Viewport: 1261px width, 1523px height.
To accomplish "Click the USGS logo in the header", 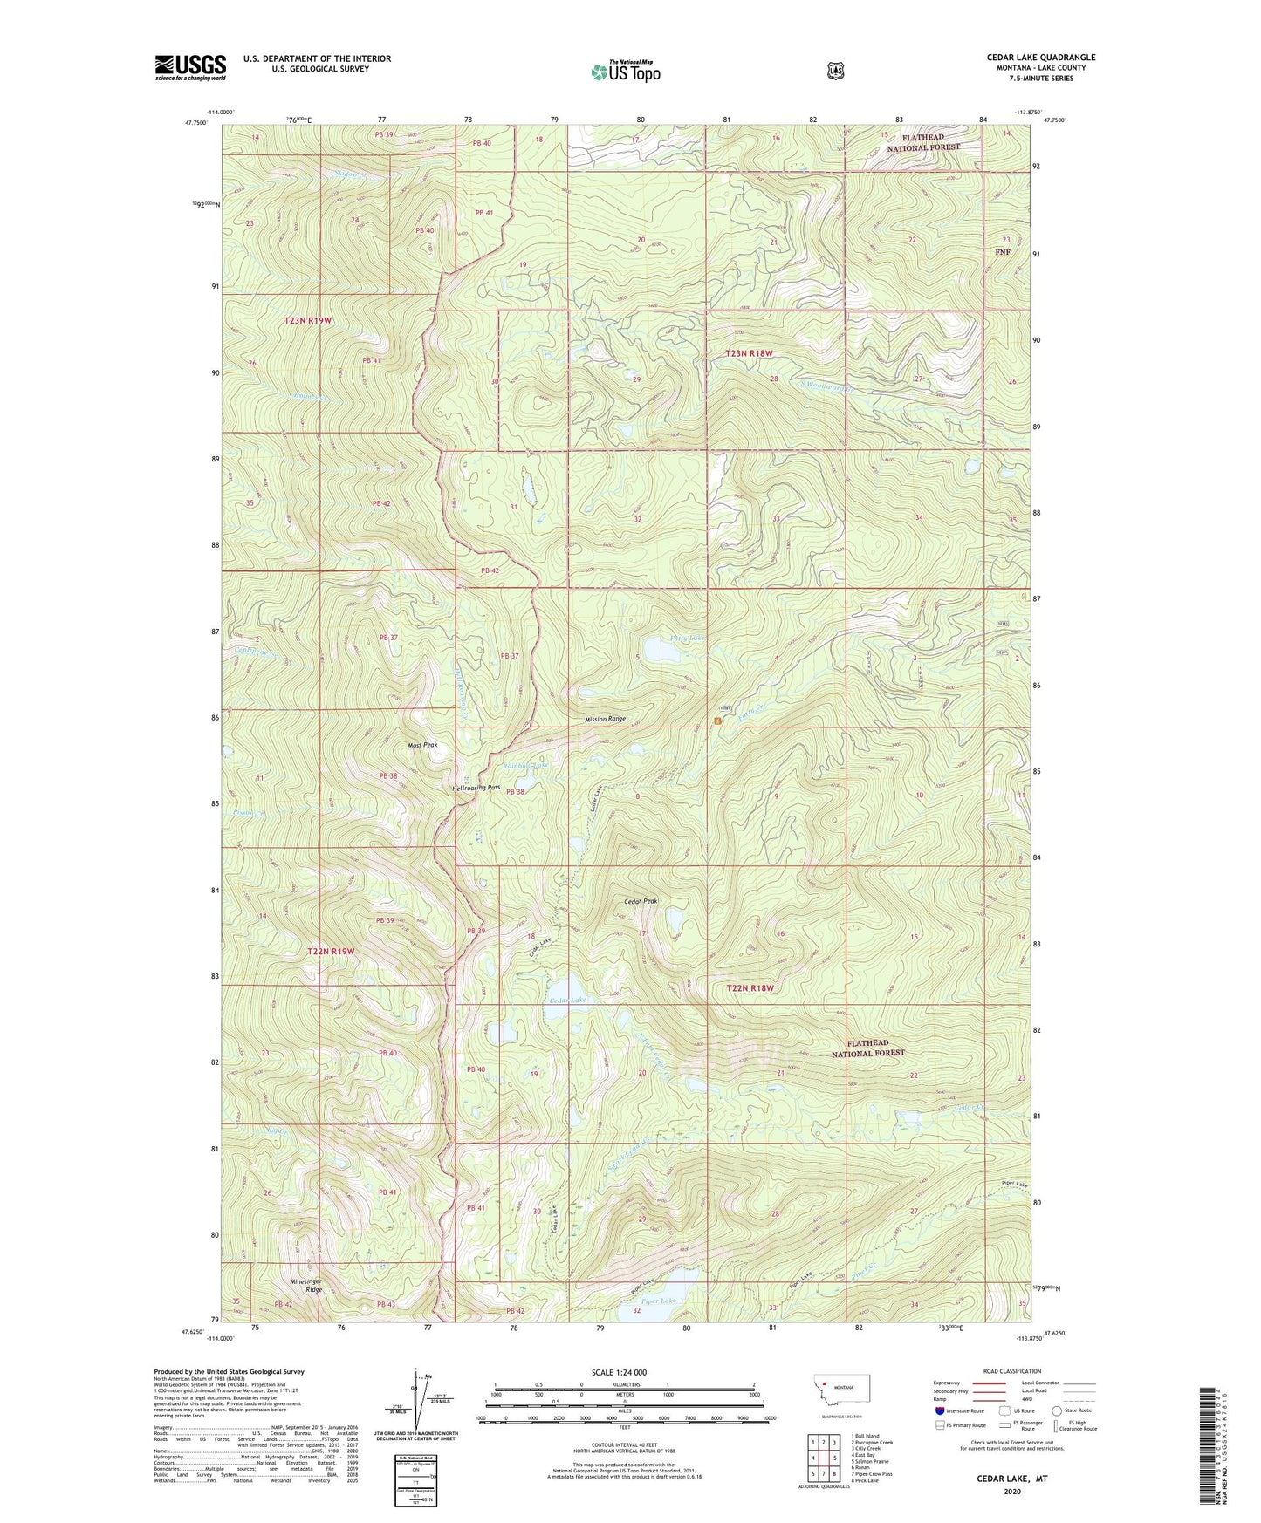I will click(x=190, y=67).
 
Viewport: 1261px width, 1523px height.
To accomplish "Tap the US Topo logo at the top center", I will click(x=624, y=72).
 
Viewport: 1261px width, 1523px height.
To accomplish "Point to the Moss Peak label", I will click(x=422, y=746).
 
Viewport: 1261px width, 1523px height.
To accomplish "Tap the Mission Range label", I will click(x=606, y=719).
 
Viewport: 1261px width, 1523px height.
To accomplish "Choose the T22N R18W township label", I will click(x=750, y=988).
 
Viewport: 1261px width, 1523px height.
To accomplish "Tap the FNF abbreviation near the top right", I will click(x=1003, y=252).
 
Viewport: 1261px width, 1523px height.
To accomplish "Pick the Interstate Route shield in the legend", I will click(x=939, y=1410).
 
